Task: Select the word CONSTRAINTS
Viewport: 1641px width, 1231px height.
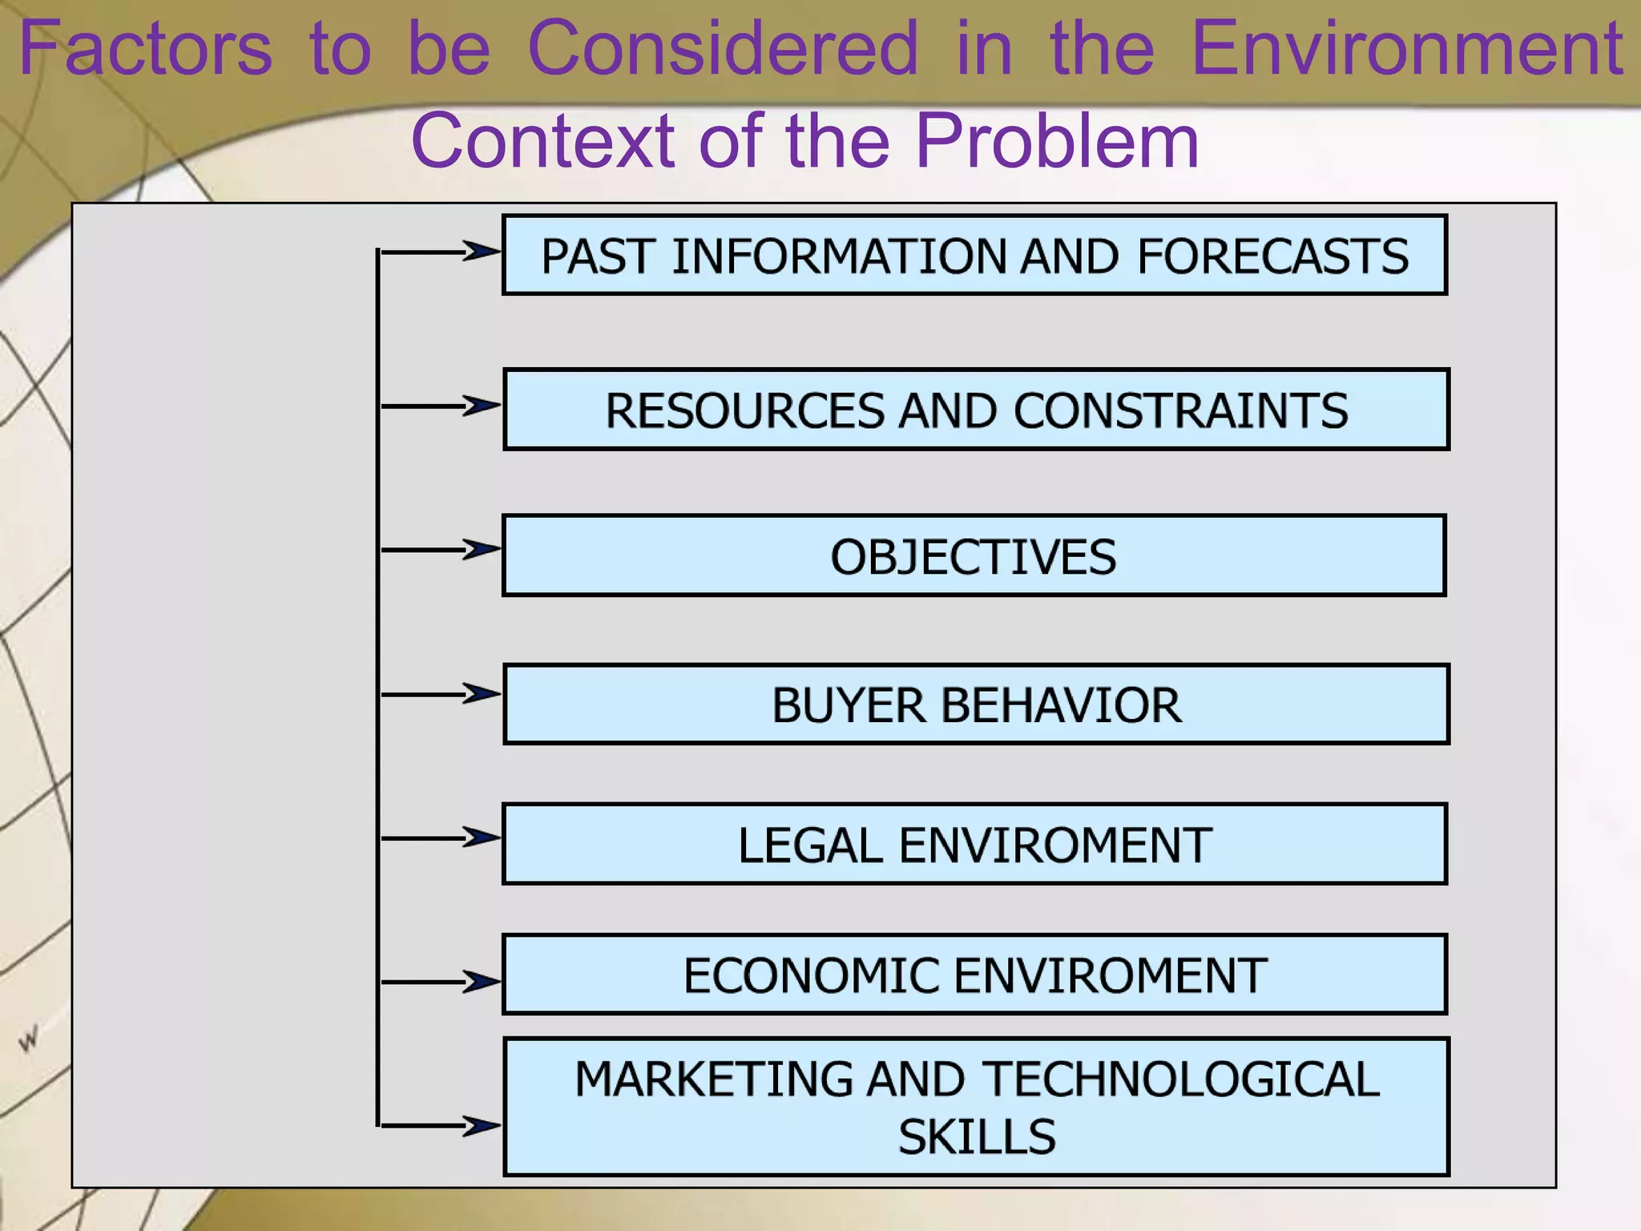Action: click(1181, 411)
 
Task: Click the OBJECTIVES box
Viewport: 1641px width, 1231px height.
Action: click(974, 557)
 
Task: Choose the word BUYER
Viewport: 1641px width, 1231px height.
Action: click(849, 705)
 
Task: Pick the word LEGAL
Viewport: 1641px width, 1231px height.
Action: click(810, 846)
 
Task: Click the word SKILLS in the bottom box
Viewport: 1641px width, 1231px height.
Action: click(977, 1136)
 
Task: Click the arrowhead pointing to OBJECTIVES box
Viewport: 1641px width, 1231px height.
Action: click(482, 550)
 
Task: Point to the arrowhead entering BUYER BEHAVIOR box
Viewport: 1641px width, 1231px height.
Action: click(482, 694)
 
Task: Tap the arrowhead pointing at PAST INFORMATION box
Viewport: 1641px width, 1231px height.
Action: click(482, 252)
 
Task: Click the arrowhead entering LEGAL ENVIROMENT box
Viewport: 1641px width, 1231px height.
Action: click(482, 837)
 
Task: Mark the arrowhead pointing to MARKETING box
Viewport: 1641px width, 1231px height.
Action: click(482, 1125)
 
